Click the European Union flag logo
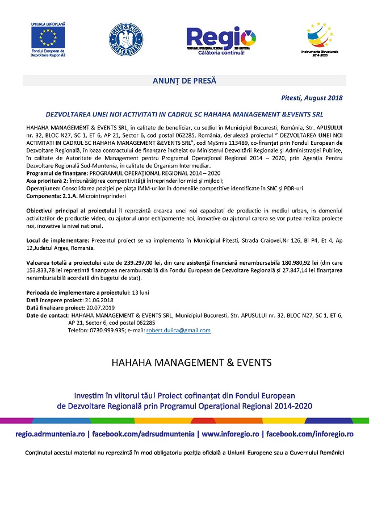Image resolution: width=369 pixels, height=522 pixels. [48, 37]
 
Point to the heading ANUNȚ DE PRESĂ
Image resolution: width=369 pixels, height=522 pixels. [184, 81]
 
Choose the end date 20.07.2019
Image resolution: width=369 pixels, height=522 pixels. [103, 307]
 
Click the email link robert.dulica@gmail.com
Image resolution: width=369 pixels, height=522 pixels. [178, 331]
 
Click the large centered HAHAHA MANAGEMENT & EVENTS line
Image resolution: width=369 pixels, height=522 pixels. [184, 362]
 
